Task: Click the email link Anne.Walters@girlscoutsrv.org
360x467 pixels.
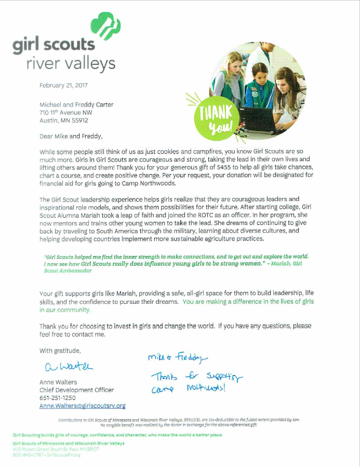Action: coord(83,406)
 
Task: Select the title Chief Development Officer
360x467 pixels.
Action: coord(76,390)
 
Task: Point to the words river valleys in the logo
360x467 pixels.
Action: coord(71,64)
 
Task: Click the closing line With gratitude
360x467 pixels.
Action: coord(60,351)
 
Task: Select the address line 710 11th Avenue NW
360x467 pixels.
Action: coord(66,112)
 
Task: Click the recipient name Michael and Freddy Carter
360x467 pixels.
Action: coord(76,104)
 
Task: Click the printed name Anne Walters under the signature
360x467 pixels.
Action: coord(58,382)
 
